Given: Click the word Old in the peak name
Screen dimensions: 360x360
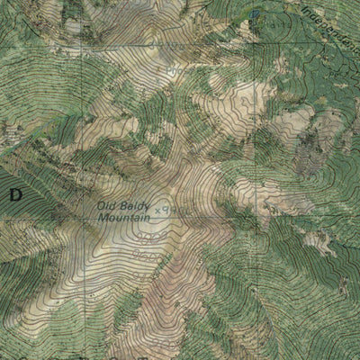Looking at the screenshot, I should point(107,206).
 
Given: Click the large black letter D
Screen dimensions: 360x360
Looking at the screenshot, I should point(14,193).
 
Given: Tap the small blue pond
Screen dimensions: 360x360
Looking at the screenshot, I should point(256,15).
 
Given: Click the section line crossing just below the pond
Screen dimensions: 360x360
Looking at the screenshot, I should point(255,42).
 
